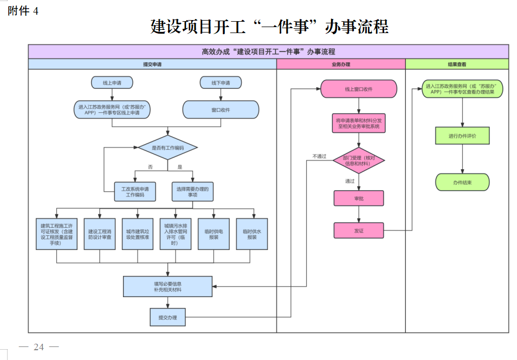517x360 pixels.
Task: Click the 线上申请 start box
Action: tap(112, 82)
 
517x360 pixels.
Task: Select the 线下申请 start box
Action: tap(220, 82)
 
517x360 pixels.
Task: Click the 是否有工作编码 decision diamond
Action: tap(167, 147)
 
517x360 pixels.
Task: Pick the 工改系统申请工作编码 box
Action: tap(135, 191)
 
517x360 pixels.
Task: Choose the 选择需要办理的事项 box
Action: tap(192, 191)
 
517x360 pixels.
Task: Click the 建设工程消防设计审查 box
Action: tap(100, 234)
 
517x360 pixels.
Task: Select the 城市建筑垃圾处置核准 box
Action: tap(138, 234)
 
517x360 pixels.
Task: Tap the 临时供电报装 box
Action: tap(214, 234)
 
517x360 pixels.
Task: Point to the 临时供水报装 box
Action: tap(251, 234)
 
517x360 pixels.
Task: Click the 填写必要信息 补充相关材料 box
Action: tap(167, 287)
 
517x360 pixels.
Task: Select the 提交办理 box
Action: tap(167, 317)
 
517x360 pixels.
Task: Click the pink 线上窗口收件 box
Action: tap(358, 89)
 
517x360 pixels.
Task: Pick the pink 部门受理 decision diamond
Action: tap(358, 160)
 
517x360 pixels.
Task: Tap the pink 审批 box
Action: tap(358, 198)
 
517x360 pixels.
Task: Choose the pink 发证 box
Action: tap(358, 230)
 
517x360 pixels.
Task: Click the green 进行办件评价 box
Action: tap(462, 136)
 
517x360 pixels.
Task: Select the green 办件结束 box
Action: tap(462, 182)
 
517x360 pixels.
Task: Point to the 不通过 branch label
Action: tap(319, 156)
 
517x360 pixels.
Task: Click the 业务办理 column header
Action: tap(341, 64)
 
